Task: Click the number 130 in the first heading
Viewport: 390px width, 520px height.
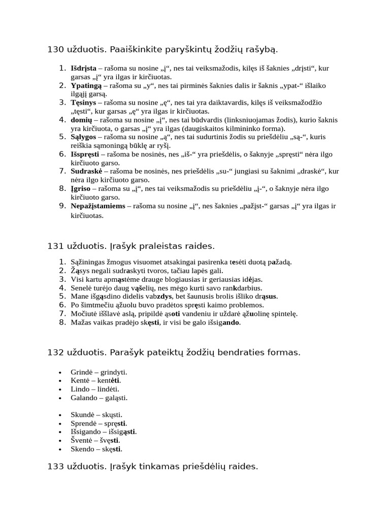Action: point(55,49)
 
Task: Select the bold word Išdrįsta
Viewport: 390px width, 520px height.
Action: point(83,68)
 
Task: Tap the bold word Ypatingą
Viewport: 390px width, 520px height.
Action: point(85,85)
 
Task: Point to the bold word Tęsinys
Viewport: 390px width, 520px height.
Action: point(83,102)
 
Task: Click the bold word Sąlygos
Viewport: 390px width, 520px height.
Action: point(83,137)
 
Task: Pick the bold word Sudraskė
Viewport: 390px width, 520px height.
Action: point(86,171)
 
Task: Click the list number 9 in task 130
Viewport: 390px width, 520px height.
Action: point(61,206)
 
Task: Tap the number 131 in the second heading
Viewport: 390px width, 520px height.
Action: point(55,246)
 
